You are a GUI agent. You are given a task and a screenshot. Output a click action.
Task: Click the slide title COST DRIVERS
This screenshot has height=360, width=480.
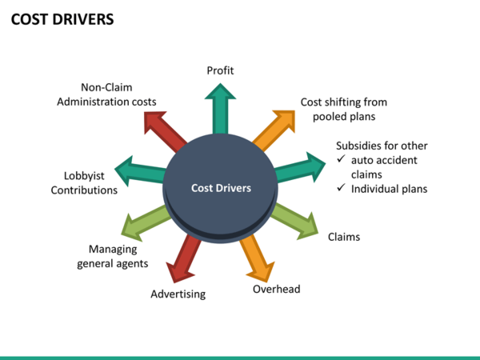tap(62, 18)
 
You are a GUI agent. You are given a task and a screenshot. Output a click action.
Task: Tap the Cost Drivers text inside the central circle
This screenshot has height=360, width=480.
tap(221, 188)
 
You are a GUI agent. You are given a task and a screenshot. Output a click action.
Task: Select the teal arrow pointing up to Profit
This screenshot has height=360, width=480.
tap(220, 110)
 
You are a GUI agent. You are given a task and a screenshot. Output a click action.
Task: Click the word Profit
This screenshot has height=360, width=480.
tap(220, 70)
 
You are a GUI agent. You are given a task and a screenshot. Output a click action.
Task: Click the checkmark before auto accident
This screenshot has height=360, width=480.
tap(342, 160)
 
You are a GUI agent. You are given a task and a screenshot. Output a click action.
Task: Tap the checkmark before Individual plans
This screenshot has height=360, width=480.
tap(342, 189)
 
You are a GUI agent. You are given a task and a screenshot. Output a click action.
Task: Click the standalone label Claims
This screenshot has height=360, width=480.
tap(344, 237)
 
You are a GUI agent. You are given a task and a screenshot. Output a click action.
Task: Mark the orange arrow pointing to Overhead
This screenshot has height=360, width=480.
tap(258, 254)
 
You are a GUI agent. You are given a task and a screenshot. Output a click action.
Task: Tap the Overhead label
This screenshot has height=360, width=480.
tap(277, 289)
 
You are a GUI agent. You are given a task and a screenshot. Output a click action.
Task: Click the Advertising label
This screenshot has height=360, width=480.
tap(178, 294)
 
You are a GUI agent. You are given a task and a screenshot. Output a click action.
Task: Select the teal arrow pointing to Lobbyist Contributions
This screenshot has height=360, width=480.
tap(141, 171)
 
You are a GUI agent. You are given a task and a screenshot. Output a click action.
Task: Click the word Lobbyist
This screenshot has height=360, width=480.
tap(84, 176)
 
